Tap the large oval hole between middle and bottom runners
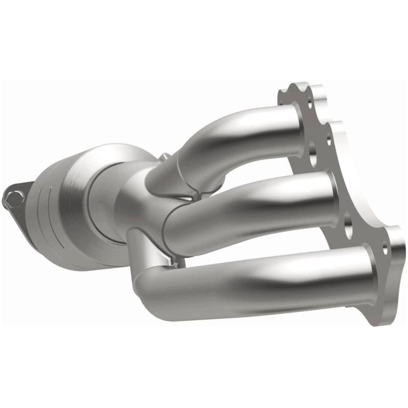tap(349, 228)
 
